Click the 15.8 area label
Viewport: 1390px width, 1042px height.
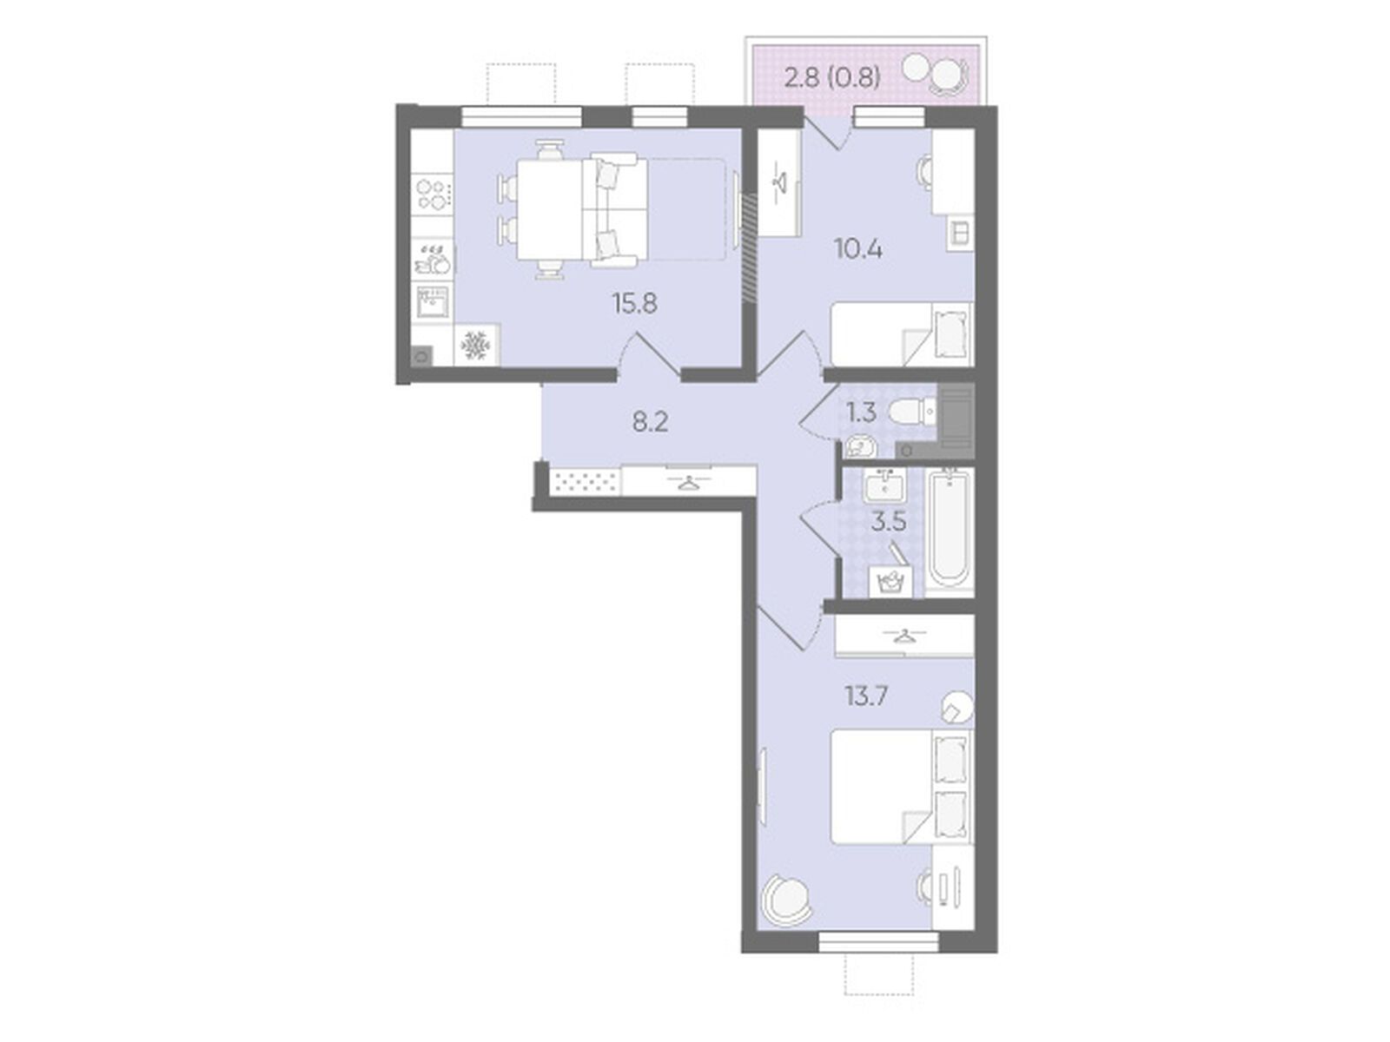pyautogui.click(x=634, y=304)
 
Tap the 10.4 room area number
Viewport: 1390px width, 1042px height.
pyautogui.click(x=858, y=249)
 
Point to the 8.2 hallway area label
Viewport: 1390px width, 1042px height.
pyautogui.click(x=651, y=422)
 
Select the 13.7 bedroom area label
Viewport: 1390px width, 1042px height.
pyautogui.click(x=866, y=696)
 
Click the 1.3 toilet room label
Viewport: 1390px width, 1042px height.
pyautogui.click(x=862, y=412)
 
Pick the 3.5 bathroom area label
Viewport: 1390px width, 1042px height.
pyautogui.click(x=889, y=522)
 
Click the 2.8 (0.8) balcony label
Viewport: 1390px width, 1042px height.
pyautogui.click(x=832, y=78)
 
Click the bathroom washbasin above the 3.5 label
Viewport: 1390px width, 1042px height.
pyautogui.click(x=884, y=485)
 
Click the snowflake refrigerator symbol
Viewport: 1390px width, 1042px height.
pyautogui.click(x=475, y=346)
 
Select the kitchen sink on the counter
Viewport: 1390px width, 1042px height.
pyautogui.click(x=433, y=304)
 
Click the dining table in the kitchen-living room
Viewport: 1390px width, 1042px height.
pyautogui.click(x=549, y=209)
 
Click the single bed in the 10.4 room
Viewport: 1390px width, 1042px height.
pyautogui.click(x=902, y=333)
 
